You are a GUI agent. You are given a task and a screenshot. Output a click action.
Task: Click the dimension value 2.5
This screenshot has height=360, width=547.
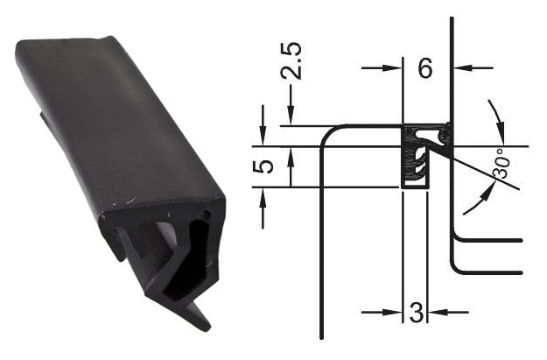point(291,61)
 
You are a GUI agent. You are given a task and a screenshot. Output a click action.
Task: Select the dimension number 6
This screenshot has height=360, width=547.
point(425,68)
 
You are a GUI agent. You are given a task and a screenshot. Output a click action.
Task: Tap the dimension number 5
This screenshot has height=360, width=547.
point(263,166)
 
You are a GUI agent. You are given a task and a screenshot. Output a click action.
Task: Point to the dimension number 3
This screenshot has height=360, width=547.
point(416,312)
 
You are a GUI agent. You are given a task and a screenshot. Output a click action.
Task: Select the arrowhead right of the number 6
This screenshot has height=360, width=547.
point(463,68)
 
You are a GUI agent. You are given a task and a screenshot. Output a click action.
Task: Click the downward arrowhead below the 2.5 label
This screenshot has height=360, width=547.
point(291,116)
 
